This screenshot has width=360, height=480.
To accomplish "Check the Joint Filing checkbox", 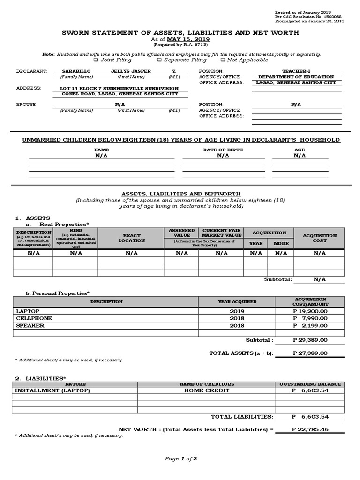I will tap(96, 60).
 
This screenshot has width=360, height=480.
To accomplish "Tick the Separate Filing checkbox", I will tap(159, 60).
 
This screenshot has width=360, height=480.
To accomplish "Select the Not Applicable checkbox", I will tap(222, 60).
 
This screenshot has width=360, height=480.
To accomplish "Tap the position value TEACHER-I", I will tap(293, 71).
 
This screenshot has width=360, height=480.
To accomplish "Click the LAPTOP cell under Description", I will tap(28, 311).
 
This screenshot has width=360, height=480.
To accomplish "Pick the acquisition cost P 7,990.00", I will tap(310, 318).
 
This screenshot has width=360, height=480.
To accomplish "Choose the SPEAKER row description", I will tap(30, 326).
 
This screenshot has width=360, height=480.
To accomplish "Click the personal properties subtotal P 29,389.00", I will tap(310, 340).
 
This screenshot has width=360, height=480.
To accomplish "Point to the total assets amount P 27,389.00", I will tap(310, 353).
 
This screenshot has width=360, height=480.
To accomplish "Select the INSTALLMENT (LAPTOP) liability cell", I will tap(52, 390).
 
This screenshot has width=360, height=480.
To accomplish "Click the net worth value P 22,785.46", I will tap(310, 429).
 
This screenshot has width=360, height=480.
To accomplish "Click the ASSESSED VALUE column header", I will tap(182, 233).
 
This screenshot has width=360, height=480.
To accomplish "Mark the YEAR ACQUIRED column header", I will tap(237, 302).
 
